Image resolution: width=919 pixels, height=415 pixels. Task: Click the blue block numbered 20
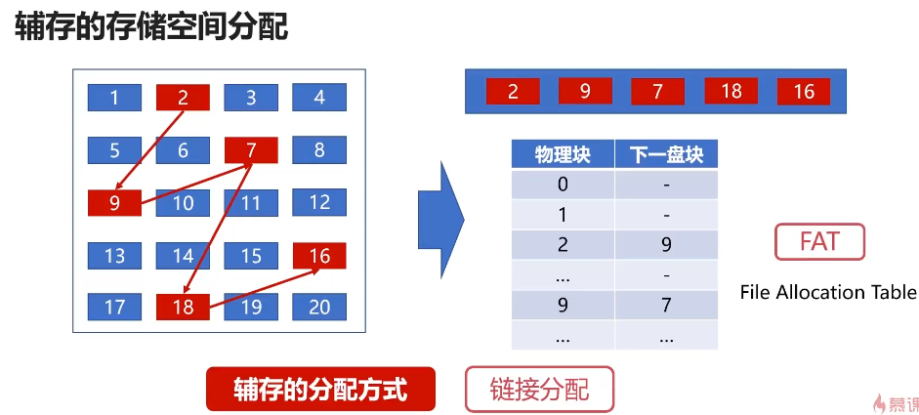[319, 307]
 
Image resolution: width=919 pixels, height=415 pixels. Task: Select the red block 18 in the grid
[183, 307]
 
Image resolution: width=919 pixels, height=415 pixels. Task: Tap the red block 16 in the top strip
[804, 92]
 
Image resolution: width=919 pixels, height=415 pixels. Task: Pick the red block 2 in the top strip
[512, 92]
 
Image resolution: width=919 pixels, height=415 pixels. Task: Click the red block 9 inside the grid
[114, 203]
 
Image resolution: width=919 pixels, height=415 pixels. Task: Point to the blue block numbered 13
[114, 256]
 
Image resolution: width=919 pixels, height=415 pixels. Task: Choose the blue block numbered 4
[319, 98]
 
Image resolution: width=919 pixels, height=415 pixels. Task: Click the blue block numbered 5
[114, 150]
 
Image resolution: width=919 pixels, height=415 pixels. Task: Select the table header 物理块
[563, 155]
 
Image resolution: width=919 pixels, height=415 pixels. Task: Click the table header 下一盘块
[666, 155]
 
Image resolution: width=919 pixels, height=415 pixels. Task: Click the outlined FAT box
[819, 241]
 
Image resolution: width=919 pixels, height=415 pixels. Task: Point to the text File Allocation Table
[828, 292]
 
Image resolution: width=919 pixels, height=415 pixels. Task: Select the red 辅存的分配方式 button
[319, 390]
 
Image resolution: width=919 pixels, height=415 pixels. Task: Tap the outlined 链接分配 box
[539, 390]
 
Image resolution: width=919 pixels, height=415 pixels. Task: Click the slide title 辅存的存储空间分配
[151, 26]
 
